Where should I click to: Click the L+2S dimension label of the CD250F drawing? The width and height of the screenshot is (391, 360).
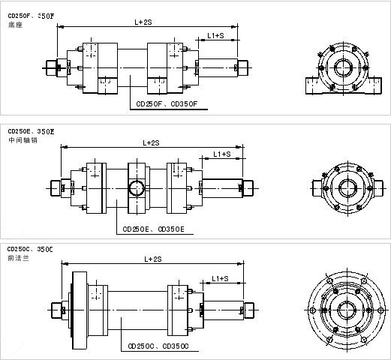(143, 22)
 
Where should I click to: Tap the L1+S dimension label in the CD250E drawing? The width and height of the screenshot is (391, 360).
(222, 154)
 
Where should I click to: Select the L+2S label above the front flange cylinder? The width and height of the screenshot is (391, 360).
(153, 259)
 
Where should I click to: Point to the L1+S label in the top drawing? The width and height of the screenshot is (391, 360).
(215, 36)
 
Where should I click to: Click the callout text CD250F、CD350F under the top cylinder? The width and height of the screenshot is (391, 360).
(167, 104)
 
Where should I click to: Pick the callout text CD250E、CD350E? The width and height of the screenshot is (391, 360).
(153, 229)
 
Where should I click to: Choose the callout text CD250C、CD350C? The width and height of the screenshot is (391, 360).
(158, 346)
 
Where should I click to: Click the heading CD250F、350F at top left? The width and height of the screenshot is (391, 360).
(31, 16)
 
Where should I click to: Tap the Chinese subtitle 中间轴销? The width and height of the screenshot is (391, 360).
(23, 140)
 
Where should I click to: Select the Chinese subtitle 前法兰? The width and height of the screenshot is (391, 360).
(18, 258)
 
